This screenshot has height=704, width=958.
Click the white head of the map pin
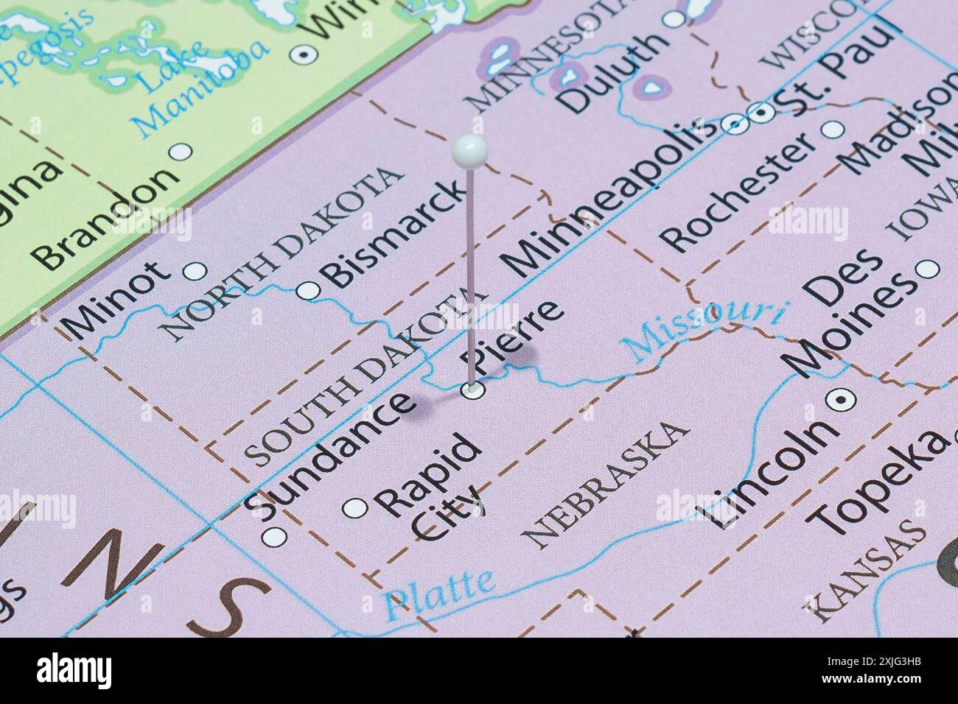[469, 151]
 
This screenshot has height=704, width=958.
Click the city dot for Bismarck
[308, 291]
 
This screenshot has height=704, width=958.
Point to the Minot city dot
[195, 272]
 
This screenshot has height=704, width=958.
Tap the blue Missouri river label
[704, 328]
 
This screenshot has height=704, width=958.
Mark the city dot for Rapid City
[355, 507]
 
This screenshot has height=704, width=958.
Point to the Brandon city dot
[181, 151]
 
